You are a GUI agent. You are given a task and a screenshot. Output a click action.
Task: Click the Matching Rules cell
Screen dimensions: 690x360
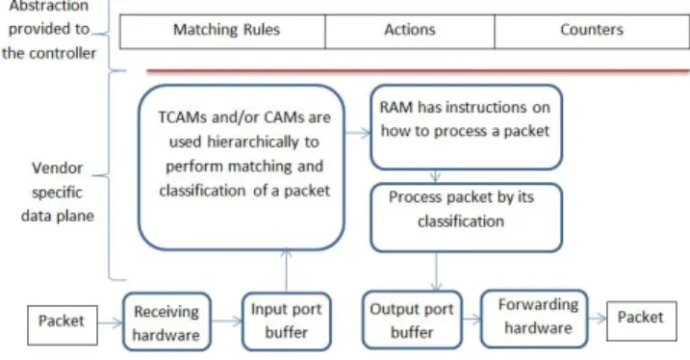222,31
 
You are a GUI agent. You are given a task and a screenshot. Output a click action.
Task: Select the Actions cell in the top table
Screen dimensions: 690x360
410,31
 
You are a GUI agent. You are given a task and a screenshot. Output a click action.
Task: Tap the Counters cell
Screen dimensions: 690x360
592,31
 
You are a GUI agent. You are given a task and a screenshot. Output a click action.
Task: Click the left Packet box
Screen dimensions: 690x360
63,324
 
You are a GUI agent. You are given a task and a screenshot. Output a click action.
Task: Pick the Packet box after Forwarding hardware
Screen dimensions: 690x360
642,321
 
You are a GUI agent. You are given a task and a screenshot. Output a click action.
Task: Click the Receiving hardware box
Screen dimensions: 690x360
166,322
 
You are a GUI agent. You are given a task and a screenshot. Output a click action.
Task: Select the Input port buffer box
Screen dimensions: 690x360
287,321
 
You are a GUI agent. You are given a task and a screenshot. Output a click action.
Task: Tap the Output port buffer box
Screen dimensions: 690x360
412,320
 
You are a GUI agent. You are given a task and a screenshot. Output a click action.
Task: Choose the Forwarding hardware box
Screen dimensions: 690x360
535,319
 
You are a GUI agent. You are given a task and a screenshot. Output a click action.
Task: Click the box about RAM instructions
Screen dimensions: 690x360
466,127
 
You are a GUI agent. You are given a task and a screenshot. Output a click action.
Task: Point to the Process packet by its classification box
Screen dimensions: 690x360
466,218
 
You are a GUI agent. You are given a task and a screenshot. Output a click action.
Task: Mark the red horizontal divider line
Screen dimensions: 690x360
418,70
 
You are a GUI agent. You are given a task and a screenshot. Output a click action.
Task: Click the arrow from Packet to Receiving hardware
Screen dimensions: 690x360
110,323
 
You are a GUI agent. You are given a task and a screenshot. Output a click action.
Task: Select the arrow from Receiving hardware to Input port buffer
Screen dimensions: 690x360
226,321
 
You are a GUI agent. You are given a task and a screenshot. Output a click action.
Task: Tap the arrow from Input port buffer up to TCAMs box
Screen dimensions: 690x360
287,270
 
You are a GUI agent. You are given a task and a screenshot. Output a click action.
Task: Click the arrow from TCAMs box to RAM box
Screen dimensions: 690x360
357,133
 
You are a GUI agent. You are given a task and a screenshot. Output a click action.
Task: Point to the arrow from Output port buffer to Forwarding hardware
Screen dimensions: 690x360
472,319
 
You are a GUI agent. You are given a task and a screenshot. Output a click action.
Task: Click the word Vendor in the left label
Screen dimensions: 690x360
57,168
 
